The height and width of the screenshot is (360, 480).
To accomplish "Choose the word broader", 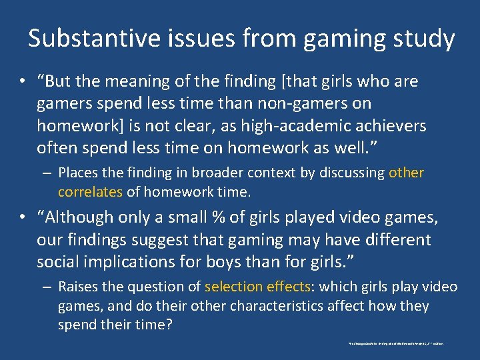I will (219, 173).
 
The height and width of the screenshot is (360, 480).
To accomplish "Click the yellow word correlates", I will (90, 192).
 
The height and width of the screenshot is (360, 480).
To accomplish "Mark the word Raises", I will (79, 287).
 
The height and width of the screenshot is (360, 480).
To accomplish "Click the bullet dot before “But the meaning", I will (23, 83).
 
